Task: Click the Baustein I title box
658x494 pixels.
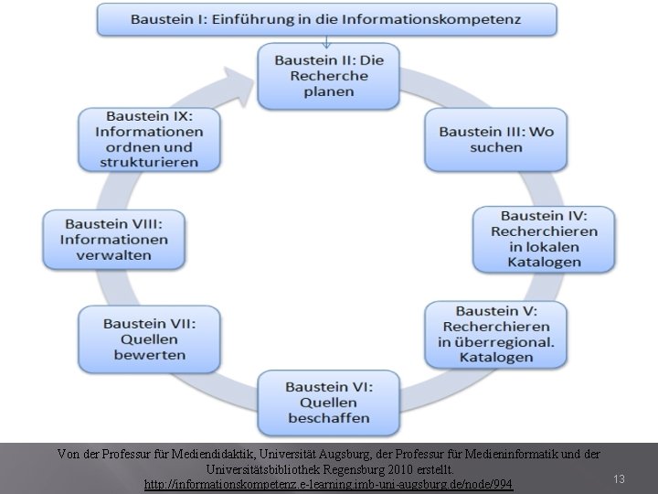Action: (x=326, y=19)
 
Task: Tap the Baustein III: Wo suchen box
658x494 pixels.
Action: (x=495, y=139)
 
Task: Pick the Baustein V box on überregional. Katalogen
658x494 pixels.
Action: (x=495, y=333)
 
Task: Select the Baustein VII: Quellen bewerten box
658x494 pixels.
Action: (x=149, y=338)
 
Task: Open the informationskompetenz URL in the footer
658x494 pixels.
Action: (x=329, y=483)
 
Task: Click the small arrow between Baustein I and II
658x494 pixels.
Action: (x=326, y=40)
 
